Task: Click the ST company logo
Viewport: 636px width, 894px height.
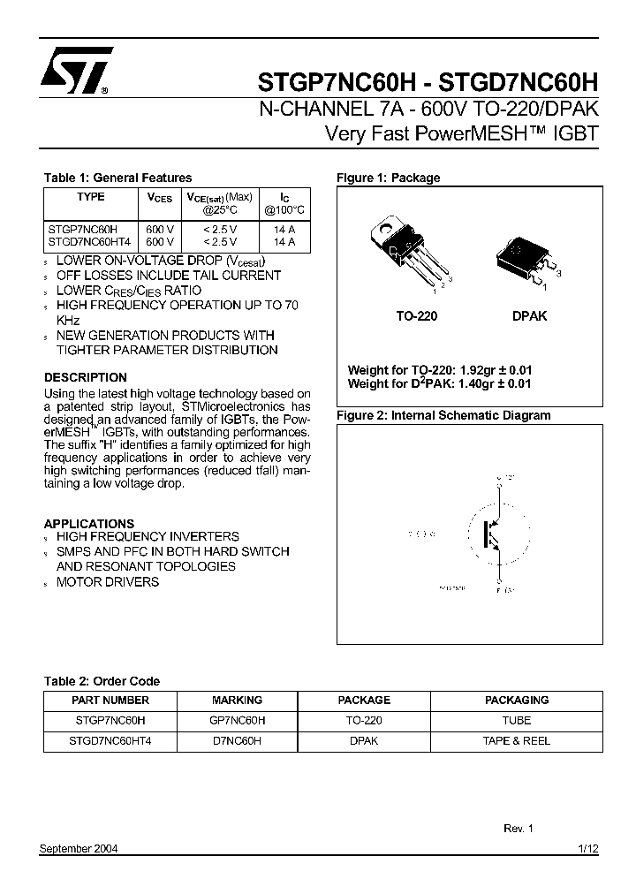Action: [76, 70]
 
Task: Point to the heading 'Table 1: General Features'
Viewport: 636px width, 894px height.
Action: [117, 178]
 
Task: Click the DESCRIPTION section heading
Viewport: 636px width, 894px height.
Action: [86, 377]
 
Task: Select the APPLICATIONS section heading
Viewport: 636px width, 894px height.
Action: [89, 523]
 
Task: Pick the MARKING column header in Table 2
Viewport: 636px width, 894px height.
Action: [237, 700]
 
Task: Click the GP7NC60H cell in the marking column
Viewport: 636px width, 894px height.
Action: [237, 720]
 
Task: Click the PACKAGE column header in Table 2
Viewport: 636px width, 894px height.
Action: [363, 700]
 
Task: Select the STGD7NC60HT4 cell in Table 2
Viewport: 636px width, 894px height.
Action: [110, 741]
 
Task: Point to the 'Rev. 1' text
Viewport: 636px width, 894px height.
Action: [519, 829]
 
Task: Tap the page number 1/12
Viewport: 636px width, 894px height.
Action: [588, 848]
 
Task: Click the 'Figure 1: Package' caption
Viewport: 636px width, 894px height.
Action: [388, 178]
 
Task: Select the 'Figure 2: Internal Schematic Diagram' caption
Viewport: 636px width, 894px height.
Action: [443, 415]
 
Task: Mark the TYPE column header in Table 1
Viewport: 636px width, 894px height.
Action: [90, 197]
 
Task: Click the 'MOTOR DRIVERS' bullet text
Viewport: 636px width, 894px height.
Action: [108, 581]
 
